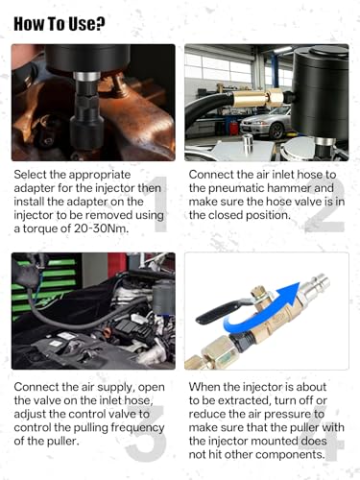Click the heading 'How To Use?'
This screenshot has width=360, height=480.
pyautogui.click(x=60, y=24)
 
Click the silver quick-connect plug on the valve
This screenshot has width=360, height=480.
pyautogui.click(x=314, y=288)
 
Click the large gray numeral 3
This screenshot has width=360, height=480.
pyautogui.click(x=146, y=433)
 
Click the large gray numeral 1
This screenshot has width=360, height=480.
pyautogui.click(x=159, y=204)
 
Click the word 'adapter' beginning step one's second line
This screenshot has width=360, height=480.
pyautogui.click(x=35, y=188)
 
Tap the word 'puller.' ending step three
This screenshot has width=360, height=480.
pyautogui.click(x=60, y=442)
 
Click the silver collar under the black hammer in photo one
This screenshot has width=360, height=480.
pyautogui.click(x=86, y=77)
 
